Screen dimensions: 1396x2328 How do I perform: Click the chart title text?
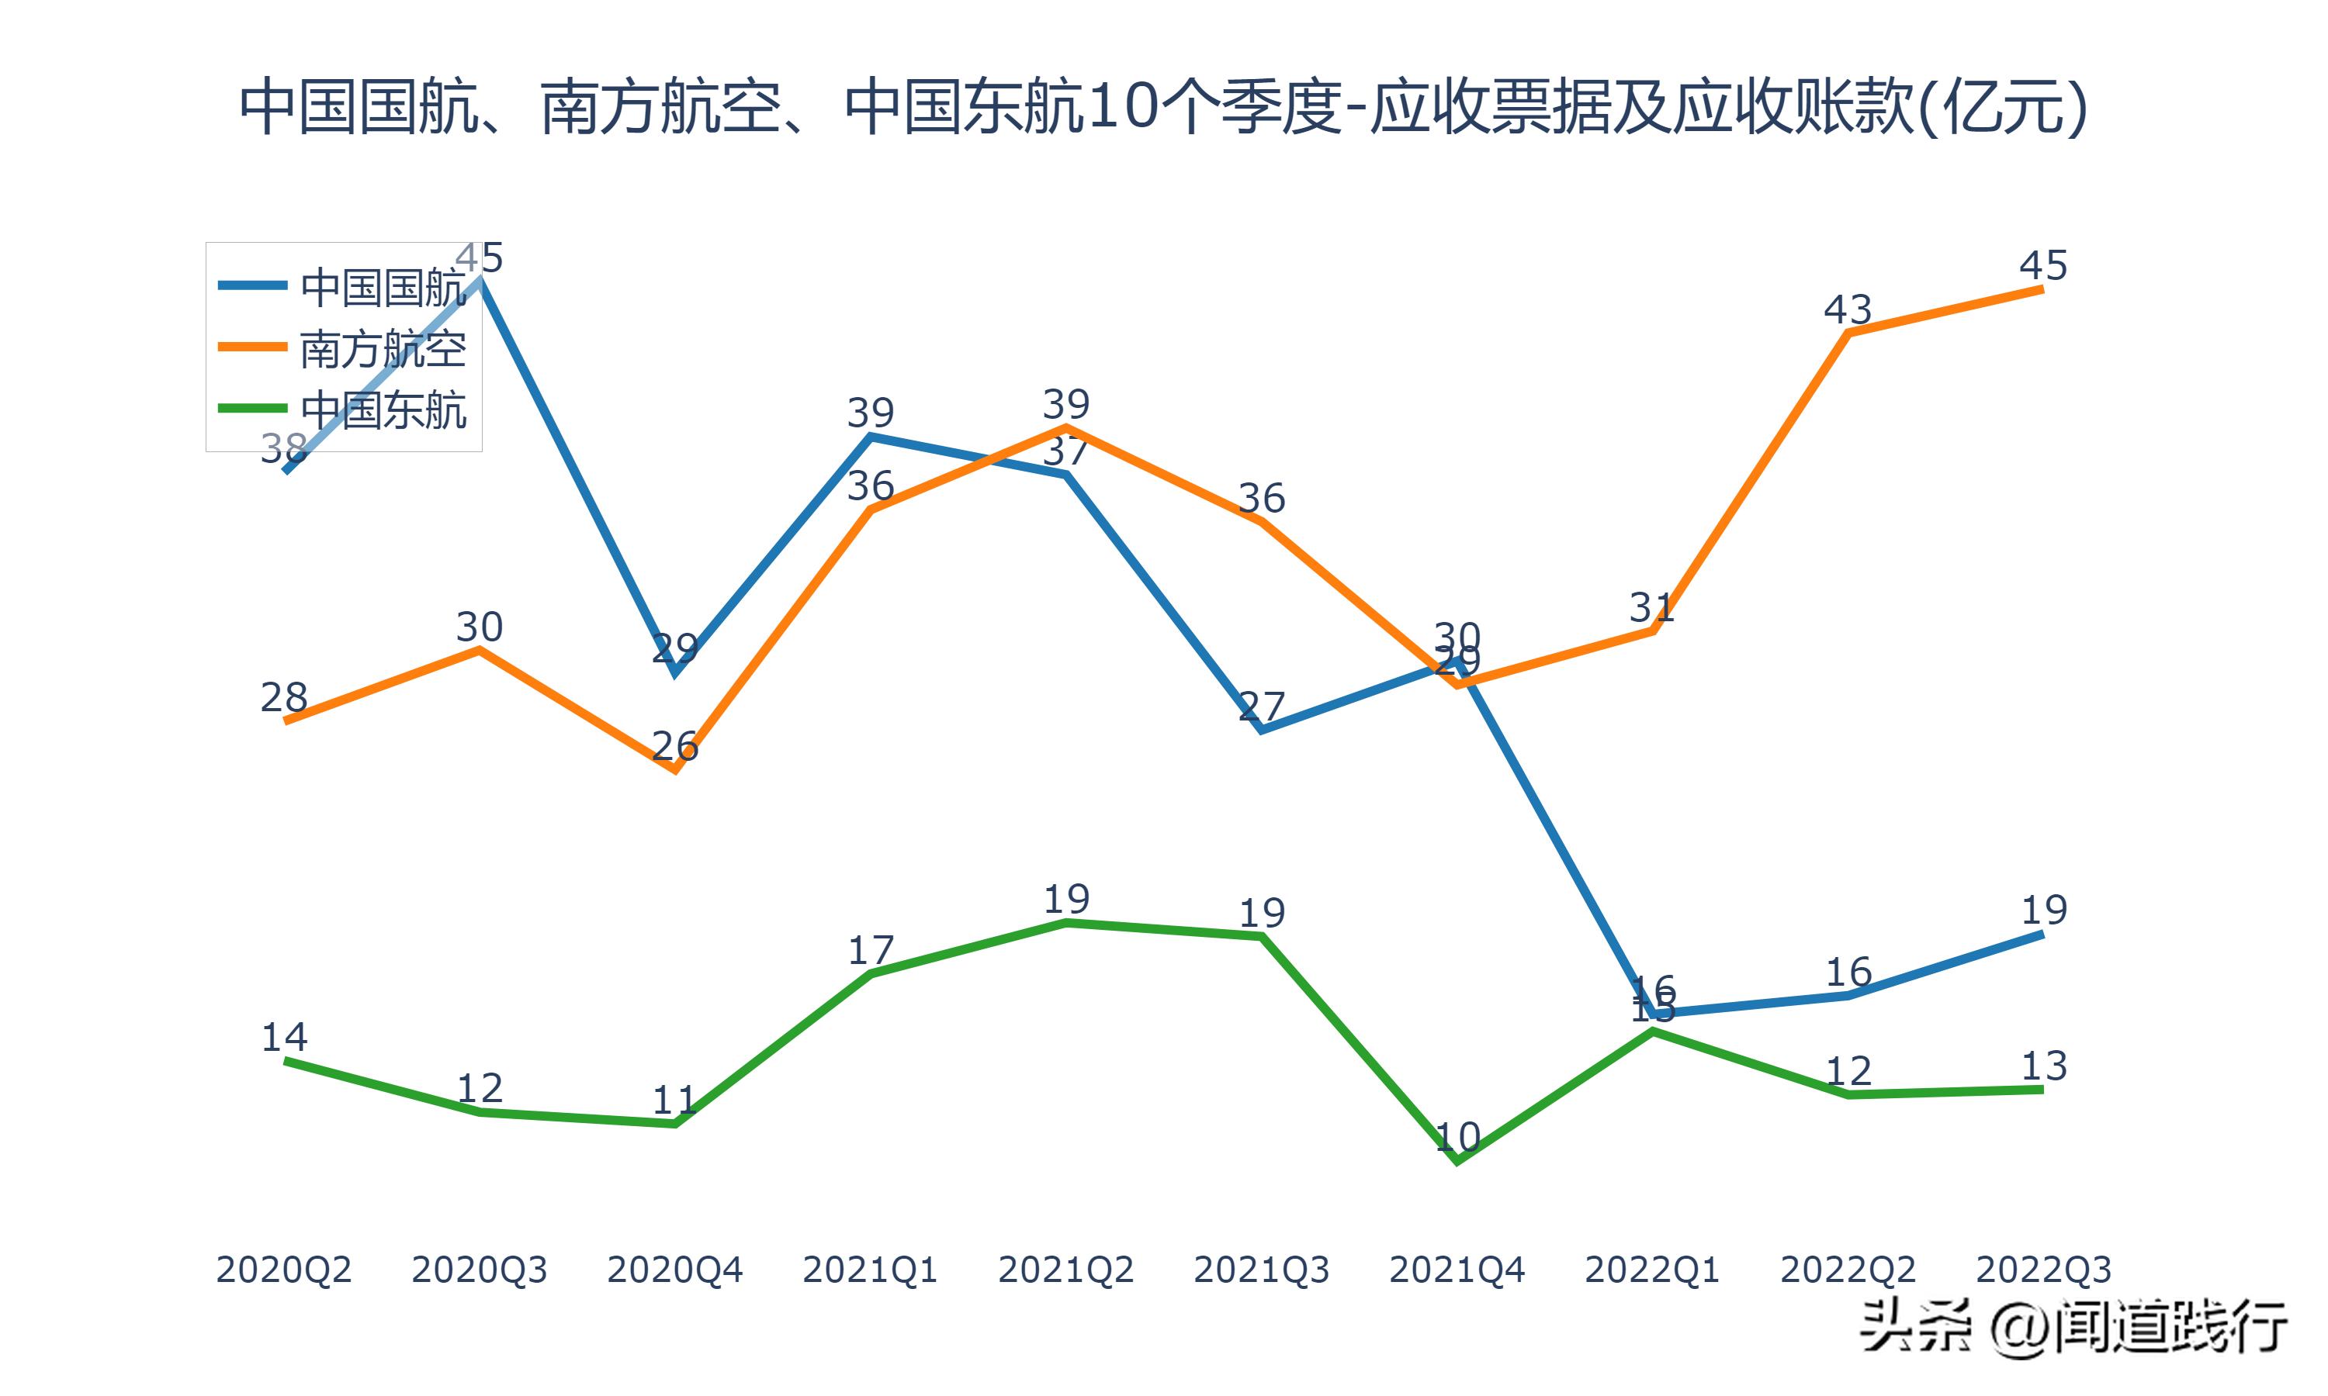1163,105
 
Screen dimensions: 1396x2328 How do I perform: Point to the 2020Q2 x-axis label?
283,1270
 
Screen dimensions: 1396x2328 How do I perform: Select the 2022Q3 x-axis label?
2043,1270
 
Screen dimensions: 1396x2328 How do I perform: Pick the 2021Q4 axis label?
1457,1270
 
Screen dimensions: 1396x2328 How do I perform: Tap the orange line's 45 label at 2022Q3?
2043,265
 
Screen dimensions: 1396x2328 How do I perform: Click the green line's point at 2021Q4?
1457,1161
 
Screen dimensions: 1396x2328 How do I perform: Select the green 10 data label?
1457,1137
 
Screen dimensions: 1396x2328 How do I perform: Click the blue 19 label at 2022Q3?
2044,910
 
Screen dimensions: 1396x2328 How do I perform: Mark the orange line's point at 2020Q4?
674,769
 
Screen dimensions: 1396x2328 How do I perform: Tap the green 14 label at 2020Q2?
283,1037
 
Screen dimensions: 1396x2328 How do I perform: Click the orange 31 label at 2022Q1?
1651,608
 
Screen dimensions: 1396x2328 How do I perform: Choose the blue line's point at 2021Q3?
1261,729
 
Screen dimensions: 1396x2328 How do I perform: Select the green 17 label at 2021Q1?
871,950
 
